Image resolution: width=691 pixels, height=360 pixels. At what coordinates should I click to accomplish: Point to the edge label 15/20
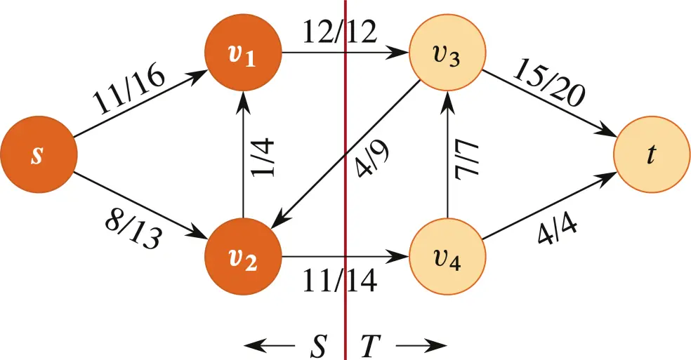[547, 83]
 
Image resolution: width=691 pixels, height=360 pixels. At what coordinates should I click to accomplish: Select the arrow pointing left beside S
[270, 345]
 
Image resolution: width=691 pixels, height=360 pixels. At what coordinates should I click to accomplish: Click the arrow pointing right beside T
[422, 345]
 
